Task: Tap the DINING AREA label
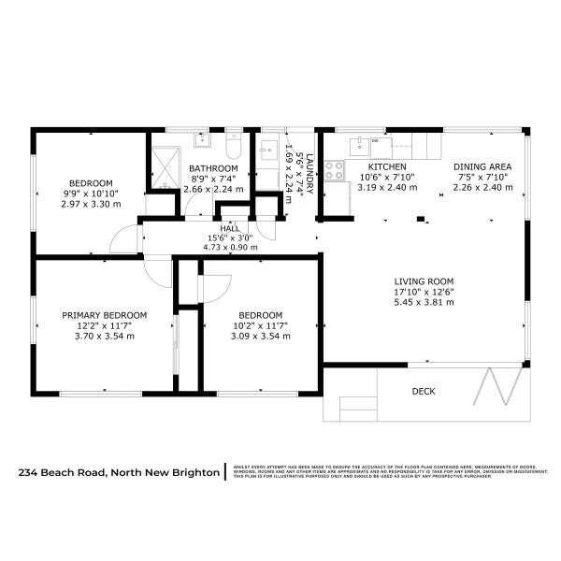483,166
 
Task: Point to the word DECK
424,392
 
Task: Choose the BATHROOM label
213,167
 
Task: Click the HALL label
229,227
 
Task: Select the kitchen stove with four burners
334,170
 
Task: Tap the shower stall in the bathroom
165,165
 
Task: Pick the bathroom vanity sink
203,140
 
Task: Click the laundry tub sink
267,148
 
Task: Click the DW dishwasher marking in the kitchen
375,141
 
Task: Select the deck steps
355,408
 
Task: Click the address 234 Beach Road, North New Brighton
119,473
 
